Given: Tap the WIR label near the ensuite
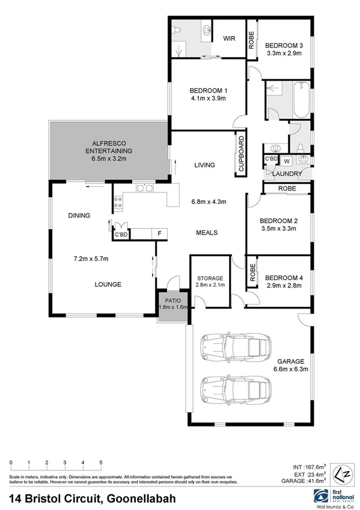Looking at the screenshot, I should click(x=229, y=38).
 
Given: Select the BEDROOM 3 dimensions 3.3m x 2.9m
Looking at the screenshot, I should click(x=284, y=54).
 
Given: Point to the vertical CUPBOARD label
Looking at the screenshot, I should click(x=241, y=155).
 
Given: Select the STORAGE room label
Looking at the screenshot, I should click(x=210, y=278).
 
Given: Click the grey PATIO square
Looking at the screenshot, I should click(x=173, y=308).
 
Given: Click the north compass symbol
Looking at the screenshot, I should click(x=341, y=472).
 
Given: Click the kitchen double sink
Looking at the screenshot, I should click(x=144, y=189).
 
